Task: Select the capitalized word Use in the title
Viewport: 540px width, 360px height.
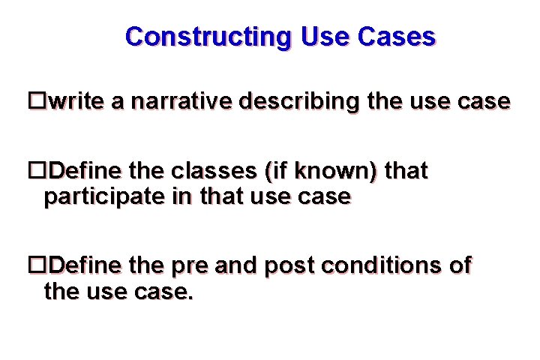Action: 319,36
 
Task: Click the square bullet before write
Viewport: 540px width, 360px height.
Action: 36,102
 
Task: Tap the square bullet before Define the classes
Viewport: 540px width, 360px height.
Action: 36,171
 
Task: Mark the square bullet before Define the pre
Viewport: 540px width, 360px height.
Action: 36,265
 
